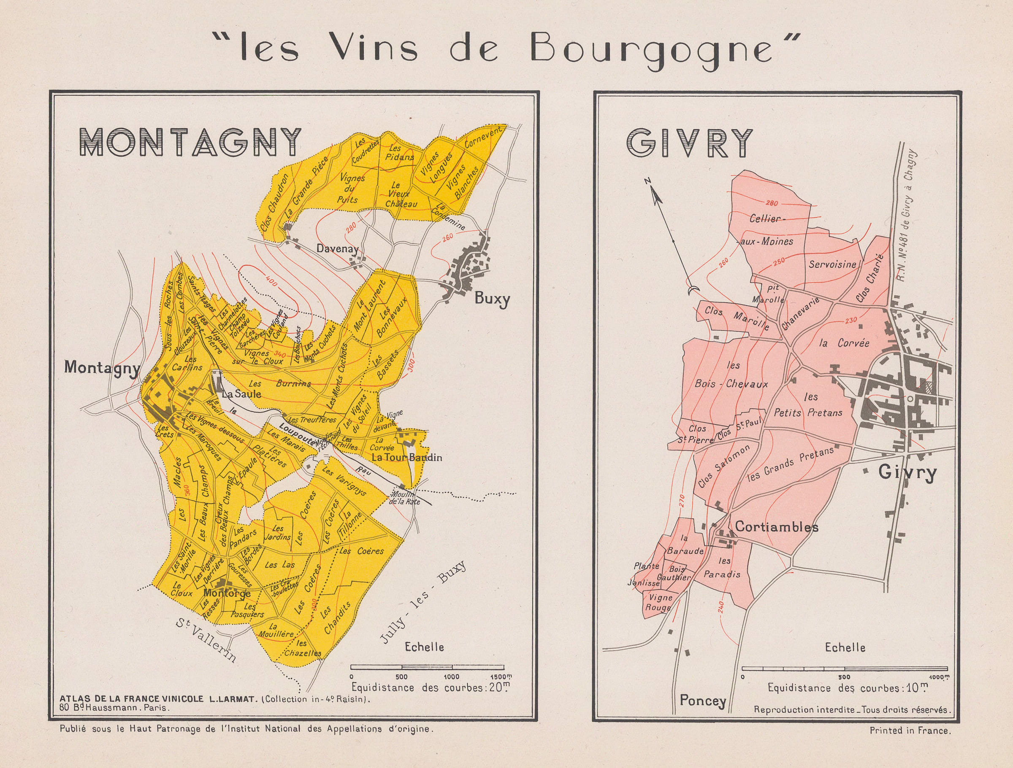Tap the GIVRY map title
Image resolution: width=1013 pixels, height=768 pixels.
689,143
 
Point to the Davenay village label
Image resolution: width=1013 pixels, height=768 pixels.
338,249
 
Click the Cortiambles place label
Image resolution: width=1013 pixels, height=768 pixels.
776,527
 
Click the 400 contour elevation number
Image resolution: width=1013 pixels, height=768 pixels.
271,281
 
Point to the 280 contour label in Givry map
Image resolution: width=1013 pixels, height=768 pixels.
771,203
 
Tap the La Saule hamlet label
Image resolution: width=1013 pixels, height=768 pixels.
241,394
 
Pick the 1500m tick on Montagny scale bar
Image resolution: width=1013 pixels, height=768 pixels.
502,676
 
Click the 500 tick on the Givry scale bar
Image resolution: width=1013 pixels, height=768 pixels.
844,676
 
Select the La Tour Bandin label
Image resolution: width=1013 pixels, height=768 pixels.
406,457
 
